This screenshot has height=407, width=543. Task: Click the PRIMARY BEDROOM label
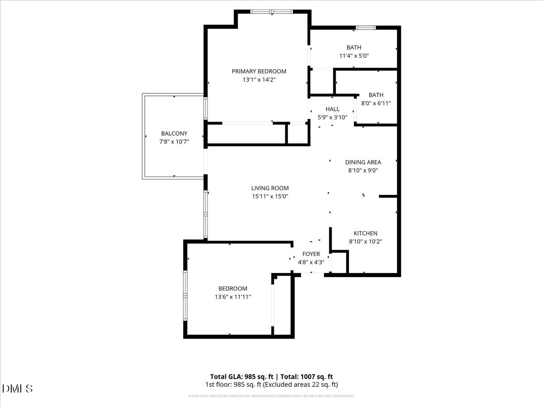click(259, 71)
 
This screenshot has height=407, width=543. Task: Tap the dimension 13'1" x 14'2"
click(259, 80)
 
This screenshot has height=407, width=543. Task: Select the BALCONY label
click(174, 133)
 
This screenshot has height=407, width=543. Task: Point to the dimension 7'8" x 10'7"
click(174, 142)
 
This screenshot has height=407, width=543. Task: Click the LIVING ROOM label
click(270, 188)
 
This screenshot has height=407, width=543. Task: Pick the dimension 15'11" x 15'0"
click(270, 196)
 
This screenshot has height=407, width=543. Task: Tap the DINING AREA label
click(363, 162)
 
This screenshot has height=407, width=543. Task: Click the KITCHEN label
click(365, 233)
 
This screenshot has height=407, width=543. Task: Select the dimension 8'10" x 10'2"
click(365, 241)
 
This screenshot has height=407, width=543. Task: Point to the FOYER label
click(311, 254)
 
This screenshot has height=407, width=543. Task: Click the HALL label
click(332, 109)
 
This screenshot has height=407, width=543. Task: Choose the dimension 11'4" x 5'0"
click(354, 56)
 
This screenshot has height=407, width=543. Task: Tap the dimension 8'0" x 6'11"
click(376, 103)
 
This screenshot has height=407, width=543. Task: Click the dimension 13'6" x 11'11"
click(233, 297)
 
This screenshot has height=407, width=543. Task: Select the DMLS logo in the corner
click(17, 388)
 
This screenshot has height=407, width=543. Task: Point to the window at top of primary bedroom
click(272, 12)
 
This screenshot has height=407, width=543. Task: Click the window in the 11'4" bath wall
click(366, 28)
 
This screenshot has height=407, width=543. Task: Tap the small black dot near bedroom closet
click(275, 277)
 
